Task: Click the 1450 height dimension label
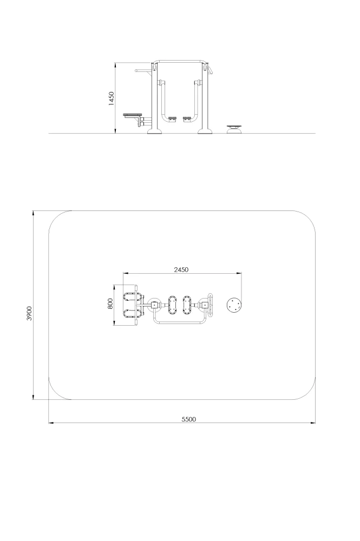coord(111,98)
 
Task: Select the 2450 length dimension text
coord(181,269)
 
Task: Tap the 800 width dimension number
coord(110,304)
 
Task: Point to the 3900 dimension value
coord(29,313)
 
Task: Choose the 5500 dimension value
coord(189,419)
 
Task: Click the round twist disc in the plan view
coord(234,305)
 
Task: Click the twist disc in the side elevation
coord(234,129)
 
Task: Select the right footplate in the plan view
coord(187,305)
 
